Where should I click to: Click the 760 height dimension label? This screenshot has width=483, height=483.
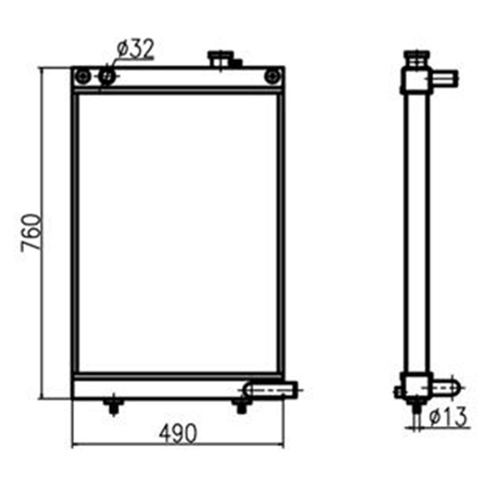pyautogui.click(x=31, y=232)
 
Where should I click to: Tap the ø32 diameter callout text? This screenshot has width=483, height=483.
pyautogui.click(x=136, y=49)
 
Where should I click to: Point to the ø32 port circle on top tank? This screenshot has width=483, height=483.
pyautogui.click(x=107, y=76)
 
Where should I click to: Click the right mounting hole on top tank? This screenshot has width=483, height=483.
pyautogui.click(x=273, y=76)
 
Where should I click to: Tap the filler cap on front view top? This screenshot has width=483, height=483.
pyautogui.click(x=219, y=59)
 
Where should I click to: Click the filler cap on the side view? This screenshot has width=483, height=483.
pyautogui.click(x=415, y=59)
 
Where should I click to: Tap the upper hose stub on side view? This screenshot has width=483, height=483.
pyautogui.click(x=444, y=77)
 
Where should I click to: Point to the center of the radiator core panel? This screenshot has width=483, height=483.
pyautogui.click(x=178, y=232)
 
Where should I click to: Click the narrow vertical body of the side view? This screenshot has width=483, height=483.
pyautogui.click(x=417, y=232)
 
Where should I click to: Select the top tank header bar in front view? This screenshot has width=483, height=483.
pyautogui.click(x=178, y=78)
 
